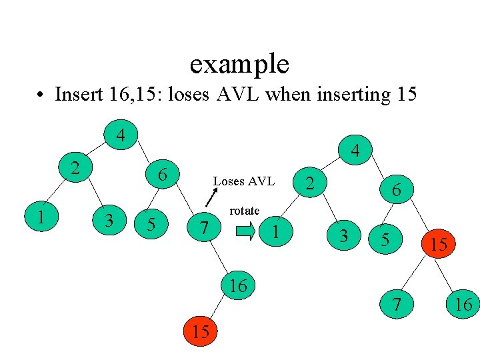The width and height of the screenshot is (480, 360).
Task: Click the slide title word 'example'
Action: click(239, 64)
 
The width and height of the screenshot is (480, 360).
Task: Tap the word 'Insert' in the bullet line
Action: click(78, 94)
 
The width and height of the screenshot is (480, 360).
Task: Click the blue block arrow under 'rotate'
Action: click(245, 231)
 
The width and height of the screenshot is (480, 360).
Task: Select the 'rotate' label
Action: click(244, 211)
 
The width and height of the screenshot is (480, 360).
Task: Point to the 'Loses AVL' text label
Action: click(243, 181)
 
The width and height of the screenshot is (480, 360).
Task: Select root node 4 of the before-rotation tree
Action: click(120, 135)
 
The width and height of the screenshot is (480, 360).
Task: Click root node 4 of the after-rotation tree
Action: click(356, 151)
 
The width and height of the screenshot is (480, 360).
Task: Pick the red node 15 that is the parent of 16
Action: click(438, 245)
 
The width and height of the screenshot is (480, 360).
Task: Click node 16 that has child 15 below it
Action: click(238, 286)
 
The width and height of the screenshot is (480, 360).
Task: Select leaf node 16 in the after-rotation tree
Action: click(463, 305)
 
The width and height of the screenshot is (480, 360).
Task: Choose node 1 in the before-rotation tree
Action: click(41, 217)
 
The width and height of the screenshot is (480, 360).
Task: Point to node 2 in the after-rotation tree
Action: click(309, 182)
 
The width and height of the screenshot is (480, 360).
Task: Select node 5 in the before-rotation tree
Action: click(151, 224)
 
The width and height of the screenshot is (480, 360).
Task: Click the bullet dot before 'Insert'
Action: click(40, 95)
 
